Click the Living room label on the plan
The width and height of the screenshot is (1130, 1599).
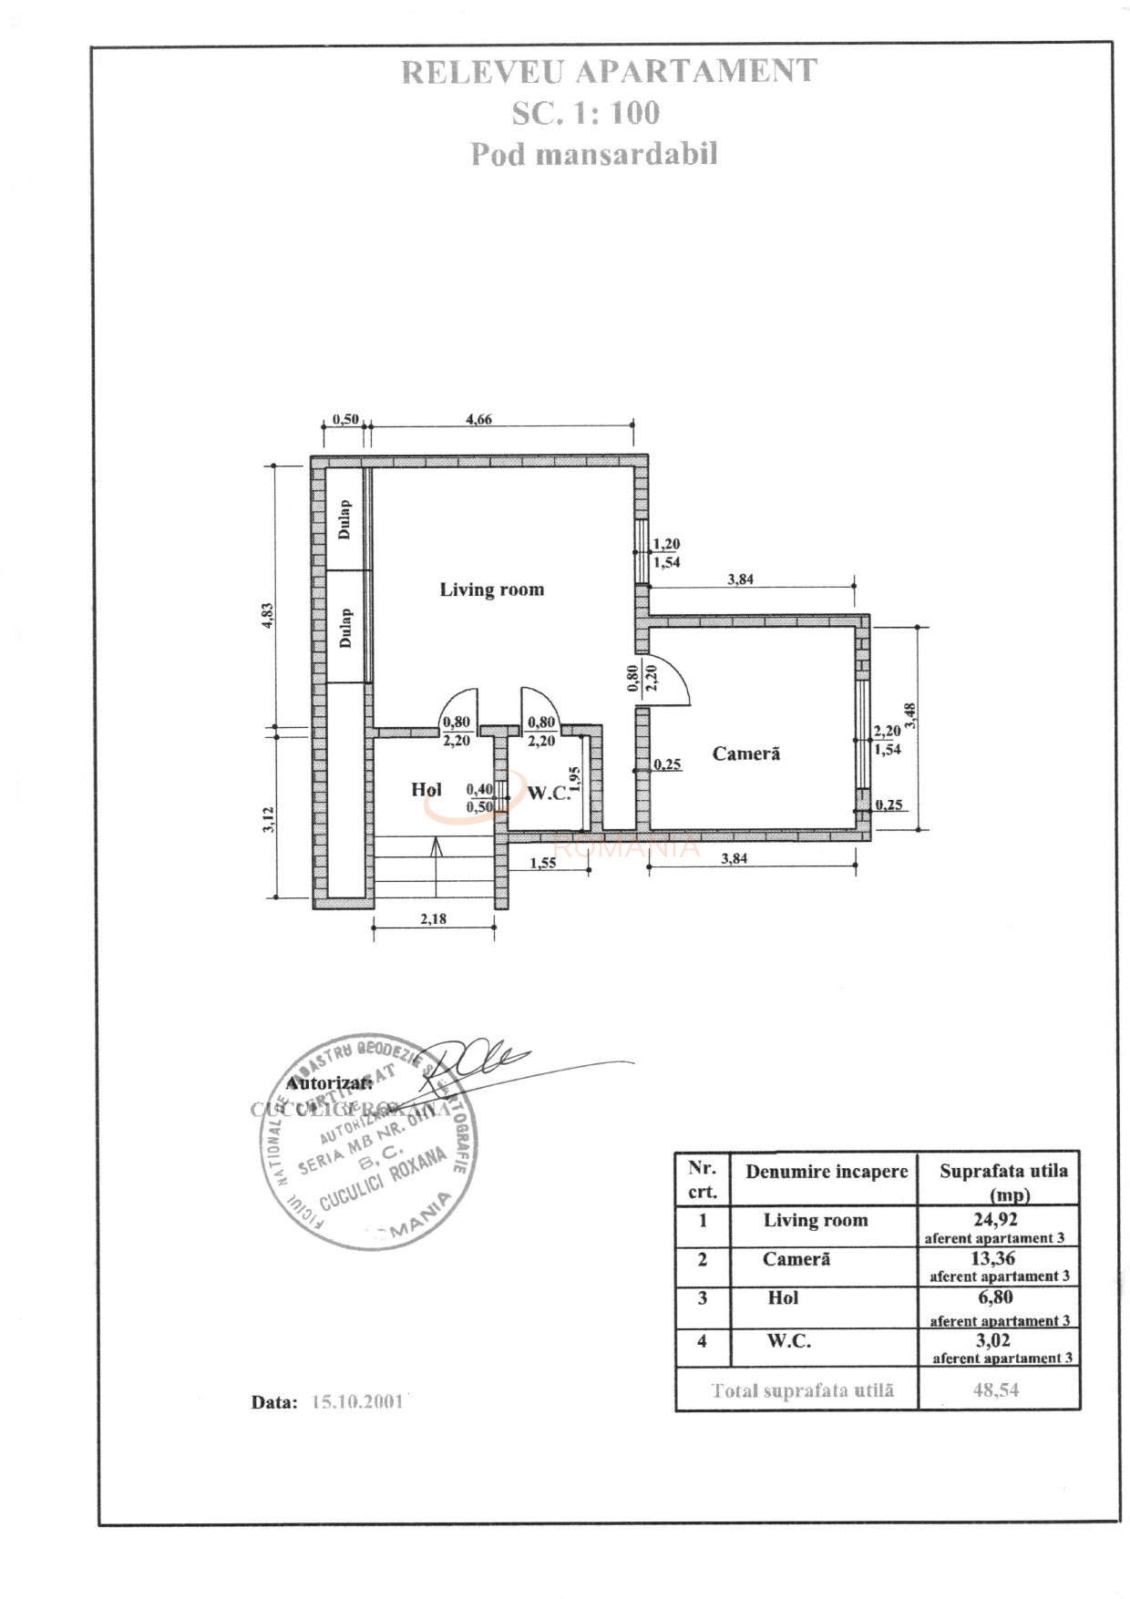pos(491,589)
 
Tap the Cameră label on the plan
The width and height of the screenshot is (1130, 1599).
pos(745,753)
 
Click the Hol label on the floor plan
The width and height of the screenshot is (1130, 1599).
pos(426,789)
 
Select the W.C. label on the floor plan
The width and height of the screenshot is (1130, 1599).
pos(549,793)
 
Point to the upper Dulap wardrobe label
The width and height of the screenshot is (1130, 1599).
pos(344,519)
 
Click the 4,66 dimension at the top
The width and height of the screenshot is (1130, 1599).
pos(478,419)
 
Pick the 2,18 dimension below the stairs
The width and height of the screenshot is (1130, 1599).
pos(434,918)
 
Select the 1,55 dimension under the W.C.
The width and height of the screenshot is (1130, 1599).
pos(542,863)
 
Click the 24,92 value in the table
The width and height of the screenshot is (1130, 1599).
pos(995,1219)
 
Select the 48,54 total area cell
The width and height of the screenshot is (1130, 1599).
pos(995,1390)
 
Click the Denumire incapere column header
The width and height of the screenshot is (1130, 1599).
pos(827,1172)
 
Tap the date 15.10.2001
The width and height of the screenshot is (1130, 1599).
pos(357,1402)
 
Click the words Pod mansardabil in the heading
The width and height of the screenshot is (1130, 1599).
pos(593,154)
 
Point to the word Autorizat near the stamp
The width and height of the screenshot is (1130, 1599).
pos(329,1083)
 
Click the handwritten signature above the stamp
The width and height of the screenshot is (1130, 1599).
pos(478,1060)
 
